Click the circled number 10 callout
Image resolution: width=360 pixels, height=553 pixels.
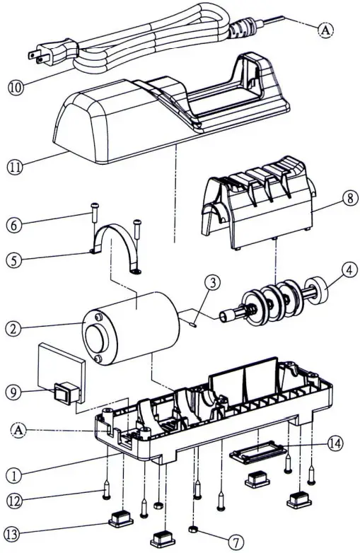point(15,88)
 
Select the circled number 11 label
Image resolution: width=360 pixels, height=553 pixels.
point(16,168)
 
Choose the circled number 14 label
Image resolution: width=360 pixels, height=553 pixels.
point(336,443)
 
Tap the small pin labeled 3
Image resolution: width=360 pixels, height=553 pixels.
point(193,325)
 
